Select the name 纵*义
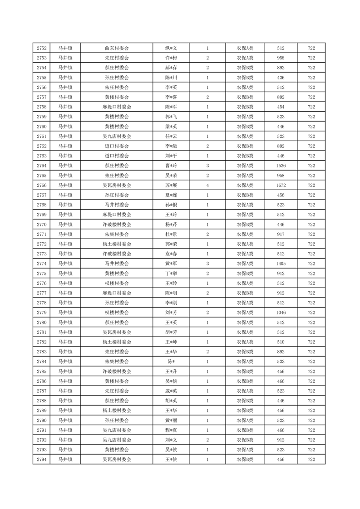pyautogui.click(x=171, y=48)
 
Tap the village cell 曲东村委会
pyautogui.click(x=117, y=48)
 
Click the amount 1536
pyautogui.click(x=281, y=166)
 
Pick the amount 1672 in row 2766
pyautogui.click(x=281, y=185)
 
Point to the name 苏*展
pyautogui.click(x=171, y=185)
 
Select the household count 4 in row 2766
pyautogui.click(x=207, y=185)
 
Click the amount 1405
pyautogui.click(x=281, y=264)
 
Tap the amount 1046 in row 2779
pyautogui.click(x=281, y=313)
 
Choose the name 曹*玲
pyautogui.click(x=171, y=166)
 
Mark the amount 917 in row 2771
pyautogui.click(x=281, y=234)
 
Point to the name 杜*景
pyautogui.click(x=171, y=234)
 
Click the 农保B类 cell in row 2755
pyautogui.click(x=245, y=78)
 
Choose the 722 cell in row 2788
pyautogui.click(x=311, y=401)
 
